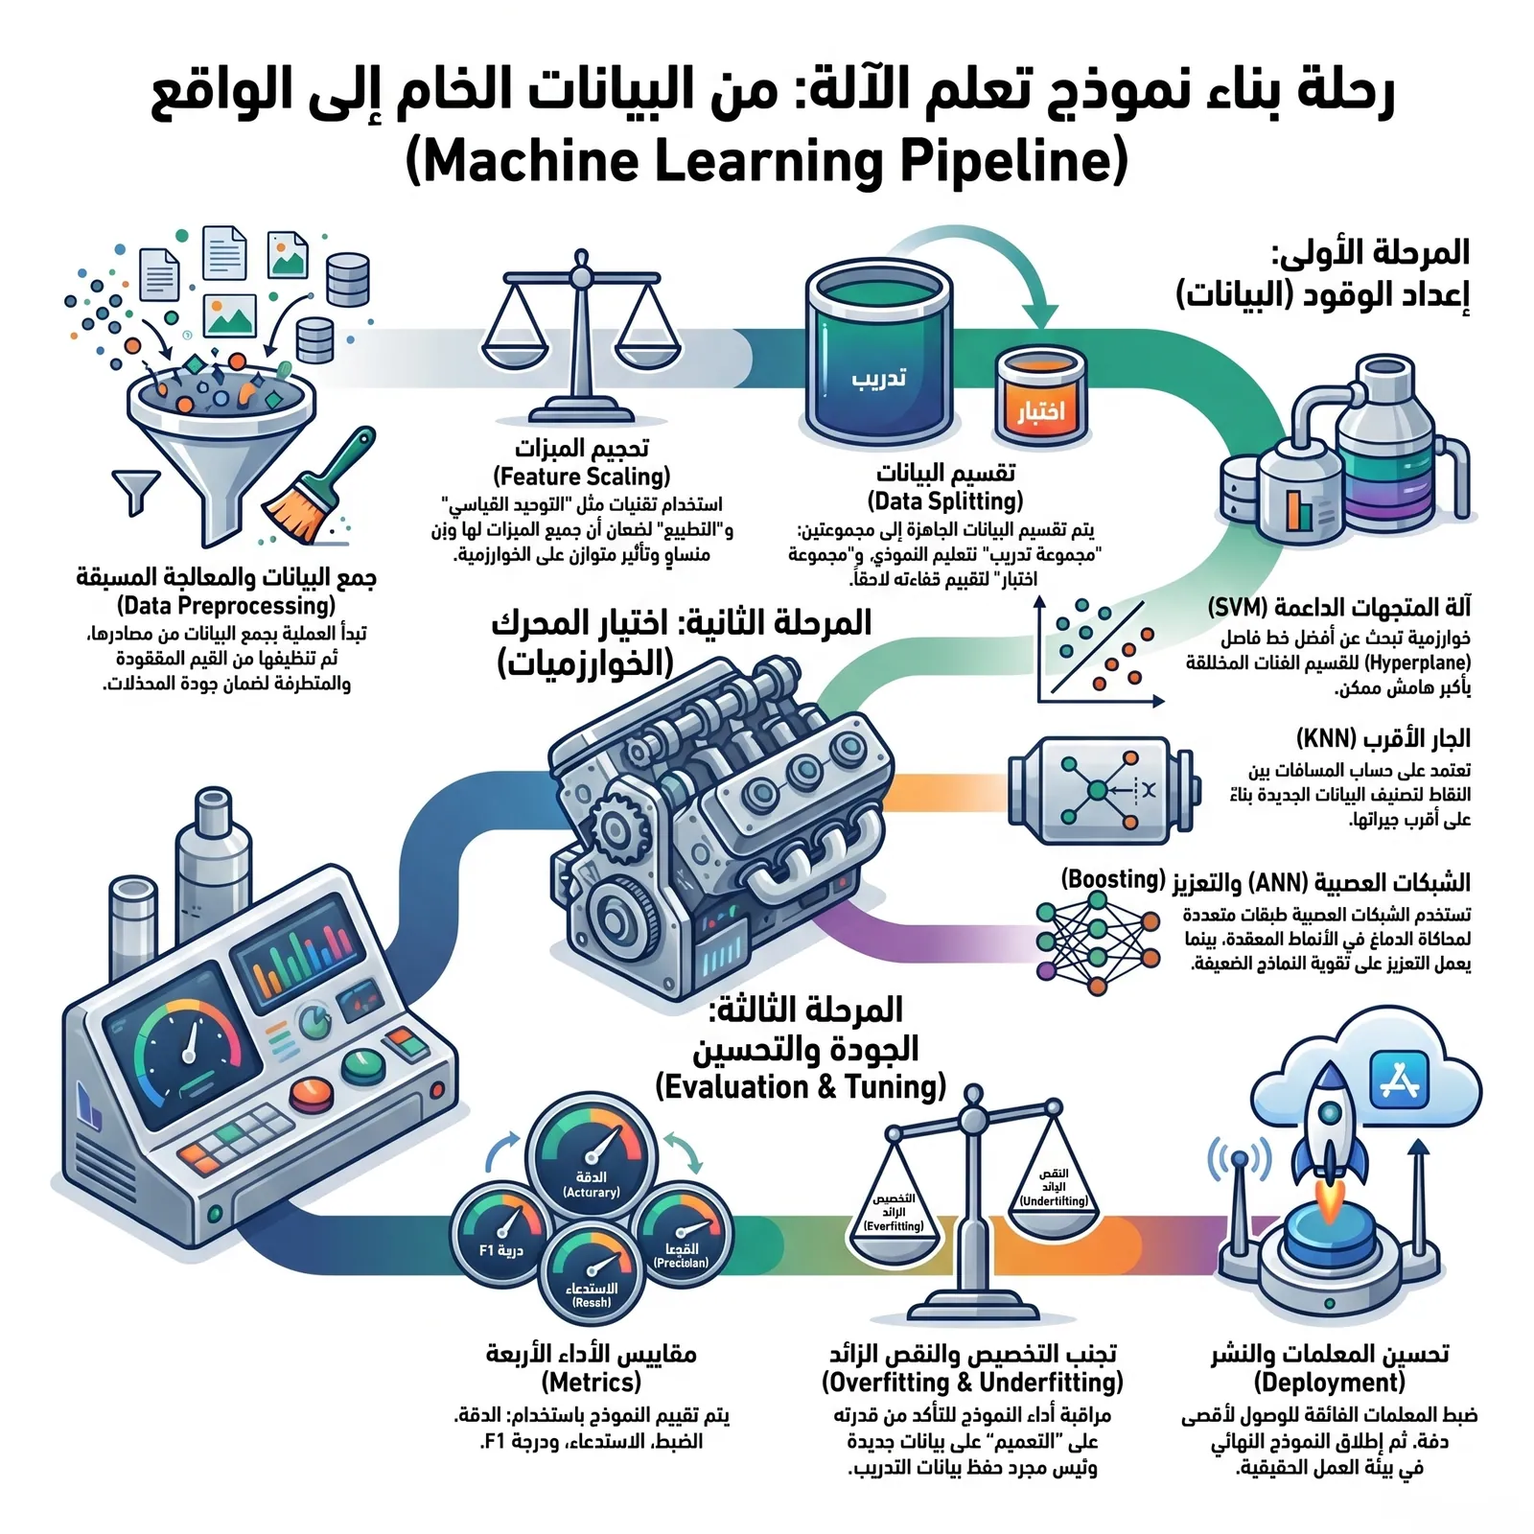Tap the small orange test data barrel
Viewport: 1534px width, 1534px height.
point(1040,398)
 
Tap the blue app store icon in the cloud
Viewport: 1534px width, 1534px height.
point(1400,1079)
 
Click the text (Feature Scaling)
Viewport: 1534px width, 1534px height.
point(582,476)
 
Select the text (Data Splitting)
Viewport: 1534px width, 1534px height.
point(945,500)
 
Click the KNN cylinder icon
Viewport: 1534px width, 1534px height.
point(1103,790)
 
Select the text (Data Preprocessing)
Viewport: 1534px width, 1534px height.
point(226,606)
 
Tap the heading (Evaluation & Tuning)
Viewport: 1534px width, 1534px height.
point(801,1087)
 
